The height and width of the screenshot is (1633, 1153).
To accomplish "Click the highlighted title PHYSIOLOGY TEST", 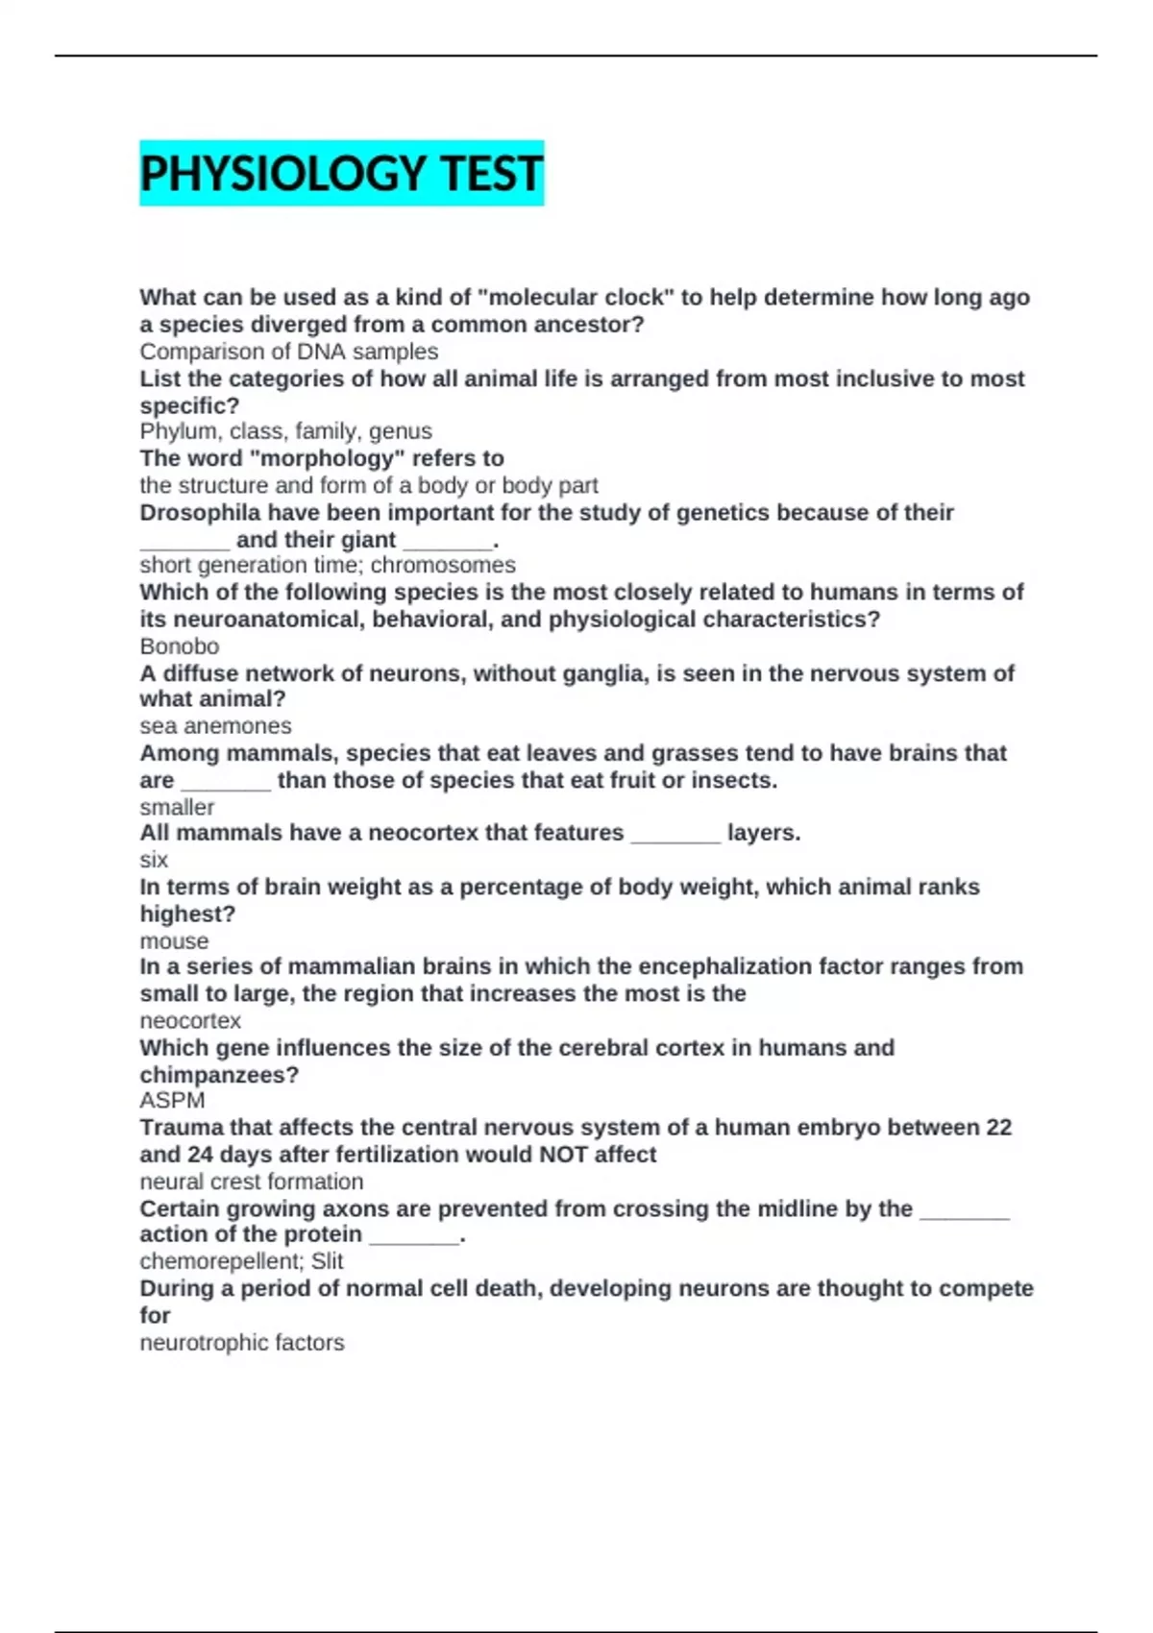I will coord(341,174).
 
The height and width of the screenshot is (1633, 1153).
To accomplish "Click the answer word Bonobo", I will coord(180,646).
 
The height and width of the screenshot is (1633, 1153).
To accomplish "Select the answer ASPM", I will coord(172,1101).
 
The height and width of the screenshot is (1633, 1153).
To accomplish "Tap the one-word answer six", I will coord(154,860).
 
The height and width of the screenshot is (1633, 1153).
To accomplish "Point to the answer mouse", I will coord(174,941).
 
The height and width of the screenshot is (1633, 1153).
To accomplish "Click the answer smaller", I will coord(177,807).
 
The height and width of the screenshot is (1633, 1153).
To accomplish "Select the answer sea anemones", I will coord(215,726).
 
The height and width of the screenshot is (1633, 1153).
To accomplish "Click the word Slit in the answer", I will coord(327,1261).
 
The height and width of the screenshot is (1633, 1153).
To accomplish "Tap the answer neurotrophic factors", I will coord(242,1343).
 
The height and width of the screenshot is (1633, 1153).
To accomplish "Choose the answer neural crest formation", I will coord(252,1182).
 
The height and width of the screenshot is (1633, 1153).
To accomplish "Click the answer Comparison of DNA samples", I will coord(289,352).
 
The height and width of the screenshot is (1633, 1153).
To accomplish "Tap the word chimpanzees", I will coord(219,1074).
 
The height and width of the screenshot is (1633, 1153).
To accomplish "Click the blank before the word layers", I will coord(675,834).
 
